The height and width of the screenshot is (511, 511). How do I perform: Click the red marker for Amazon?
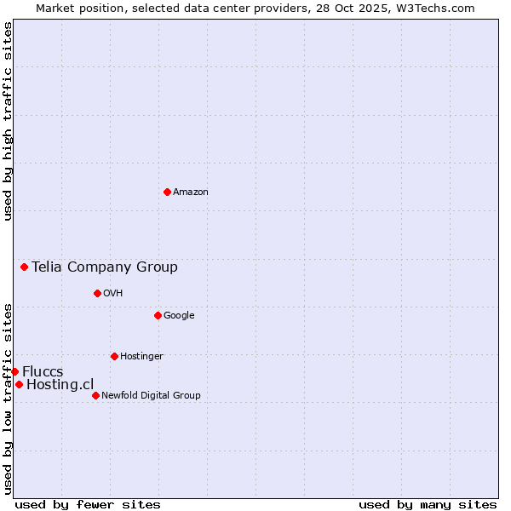(x=167, y=192)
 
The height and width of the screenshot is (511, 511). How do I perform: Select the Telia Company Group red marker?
(x=25, y=267)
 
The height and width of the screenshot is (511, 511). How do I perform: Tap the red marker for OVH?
(x=97, y=293)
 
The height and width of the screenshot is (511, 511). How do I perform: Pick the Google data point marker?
(x=158, y=315)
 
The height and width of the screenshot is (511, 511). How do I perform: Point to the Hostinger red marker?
(x=114, y=356)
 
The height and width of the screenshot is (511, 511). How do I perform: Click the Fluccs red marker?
(x=14, y=371)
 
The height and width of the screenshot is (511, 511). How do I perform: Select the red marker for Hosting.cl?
(x=19, y=384)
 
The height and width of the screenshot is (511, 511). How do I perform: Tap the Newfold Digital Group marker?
(x=95, y=395)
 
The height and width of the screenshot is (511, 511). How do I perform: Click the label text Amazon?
(x=191, y=192)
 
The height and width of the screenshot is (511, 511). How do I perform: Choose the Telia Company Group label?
(x=105, y=267)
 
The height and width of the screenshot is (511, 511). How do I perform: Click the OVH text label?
(x=113, y=294)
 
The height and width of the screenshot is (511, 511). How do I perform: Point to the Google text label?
(x=179, y=316)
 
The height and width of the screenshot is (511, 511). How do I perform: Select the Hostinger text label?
(x=141, y=356)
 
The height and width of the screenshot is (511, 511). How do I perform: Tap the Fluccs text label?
(x=43, y=372)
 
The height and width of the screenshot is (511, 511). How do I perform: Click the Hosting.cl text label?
(x=60, y=385)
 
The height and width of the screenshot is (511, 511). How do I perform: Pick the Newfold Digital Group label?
(x=151, y=395)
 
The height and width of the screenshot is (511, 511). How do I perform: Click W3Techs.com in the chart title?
(x=430, y=8)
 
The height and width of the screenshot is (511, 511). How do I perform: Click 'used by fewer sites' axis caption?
(x=88, y=504)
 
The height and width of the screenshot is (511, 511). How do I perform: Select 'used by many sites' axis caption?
(x=428, y=504)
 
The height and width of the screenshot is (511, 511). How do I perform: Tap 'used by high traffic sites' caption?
(x=8, y=121)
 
